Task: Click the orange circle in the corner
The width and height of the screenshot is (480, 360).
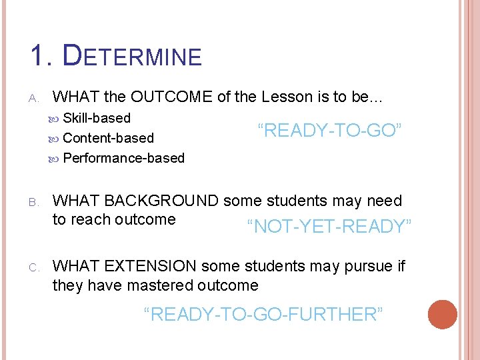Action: click(443, 315)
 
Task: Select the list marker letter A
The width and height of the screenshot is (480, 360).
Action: click(34, 98)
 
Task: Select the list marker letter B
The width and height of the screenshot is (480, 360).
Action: click(34, 202)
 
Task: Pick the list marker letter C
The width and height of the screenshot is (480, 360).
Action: click(34, 267)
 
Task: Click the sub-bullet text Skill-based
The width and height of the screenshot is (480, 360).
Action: click(97, 118)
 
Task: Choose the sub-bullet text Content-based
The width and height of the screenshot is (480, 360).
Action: click(108, 138)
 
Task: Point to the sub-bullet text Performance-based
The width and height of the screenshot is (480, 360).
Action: click(123, 158)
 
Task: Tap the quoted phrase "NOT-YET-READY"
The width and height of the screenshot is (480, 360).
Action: click(329, 227)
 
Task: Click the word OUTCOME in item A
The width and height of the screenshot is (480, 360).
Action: click(172, 97)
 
